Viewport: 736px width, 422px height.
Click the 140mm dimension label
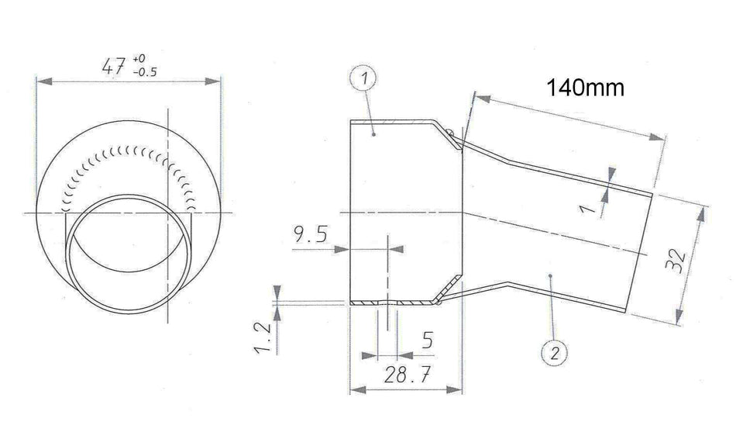[586, 88]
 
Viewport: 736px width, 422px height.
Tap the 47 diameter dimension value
[114, 66]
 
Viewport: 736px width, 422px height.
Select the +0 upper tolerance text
[139, 59]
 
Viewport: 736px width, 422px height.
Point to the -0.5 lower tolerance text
[145, 72]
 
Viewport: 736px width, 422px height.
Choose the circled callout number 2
[555, 352]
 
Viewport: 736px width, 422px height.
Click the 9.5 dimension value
[310, 233]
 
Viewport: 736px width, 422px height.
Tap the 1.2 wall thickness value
[263, 337]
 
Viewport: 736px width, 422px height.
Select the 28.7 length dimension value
[407, 375]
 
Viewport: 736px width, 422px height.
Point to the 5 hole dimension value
[427, 340]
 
